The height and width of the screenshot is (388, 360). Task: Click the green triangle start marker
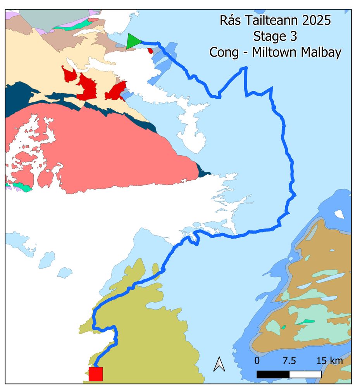point(133,42)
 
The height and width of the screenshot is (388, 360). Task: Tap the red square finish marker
point(96,374)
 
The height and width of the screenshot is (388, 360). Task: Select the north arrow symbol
point(219,364)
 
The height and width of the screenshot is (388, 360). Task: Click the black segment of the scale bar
point(273,374)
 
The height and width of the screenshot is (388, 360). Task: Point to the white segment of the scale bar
point(305,374)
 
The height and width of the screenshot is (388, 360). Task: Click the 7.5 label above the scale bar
point(289,361)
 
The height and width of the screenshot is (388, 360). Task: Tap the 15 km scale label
point(329,361)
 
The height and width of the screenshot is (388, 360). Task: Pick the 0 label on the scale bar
point(257,361)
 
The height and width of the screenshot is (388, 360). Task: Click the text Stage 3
point(275,36)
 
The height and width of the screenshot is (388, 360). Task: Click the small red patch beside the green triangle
point(150,51)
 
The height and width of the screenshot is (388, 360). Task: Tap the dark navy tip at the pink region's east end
point(204,171)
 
